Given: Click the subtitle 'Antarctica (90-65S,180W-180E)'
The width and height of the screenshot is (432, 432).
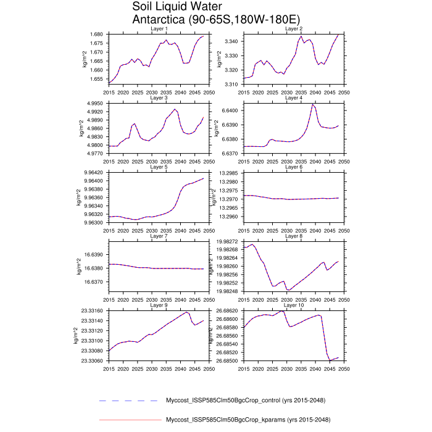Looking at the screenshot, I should point(217,19).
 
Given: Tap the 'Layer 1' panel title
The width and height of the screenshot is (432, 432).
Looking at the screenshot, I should point(159,29).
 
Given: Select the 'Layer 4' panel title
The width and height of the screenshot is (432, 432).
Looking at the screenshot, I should point(293,98).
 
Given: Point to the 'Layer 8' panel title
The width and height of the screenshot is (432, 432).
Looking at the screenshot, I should point(293,236).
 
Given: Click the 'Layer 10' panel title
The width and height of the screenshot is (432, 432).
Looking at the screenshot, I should point(293,305).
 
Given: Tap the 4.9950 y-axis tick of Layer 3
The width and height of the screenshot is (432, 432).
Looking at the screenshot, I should point(96,103).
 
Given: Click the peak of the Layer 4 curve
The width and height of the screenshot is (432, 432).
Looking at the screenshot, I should point(312,104).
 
